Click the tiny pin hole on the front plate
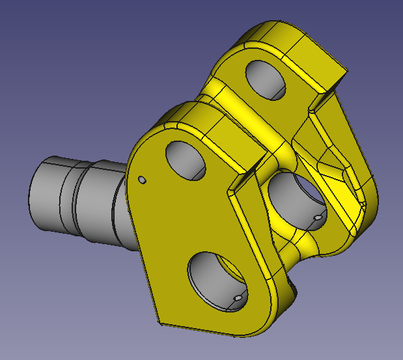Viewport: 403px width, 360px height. coord(142,180)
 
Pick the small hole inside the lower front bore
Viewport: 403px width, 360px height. coord(238,298)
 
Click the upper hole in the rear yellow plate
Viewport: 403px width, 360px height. coord(266,78)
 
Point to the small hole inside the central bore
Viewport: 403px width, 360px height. coord(317,217)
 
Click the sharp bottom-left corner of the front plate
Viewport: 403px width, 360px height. coord(156,321)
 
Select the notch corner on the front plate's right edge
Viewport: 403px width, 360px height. coord(229,193)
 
